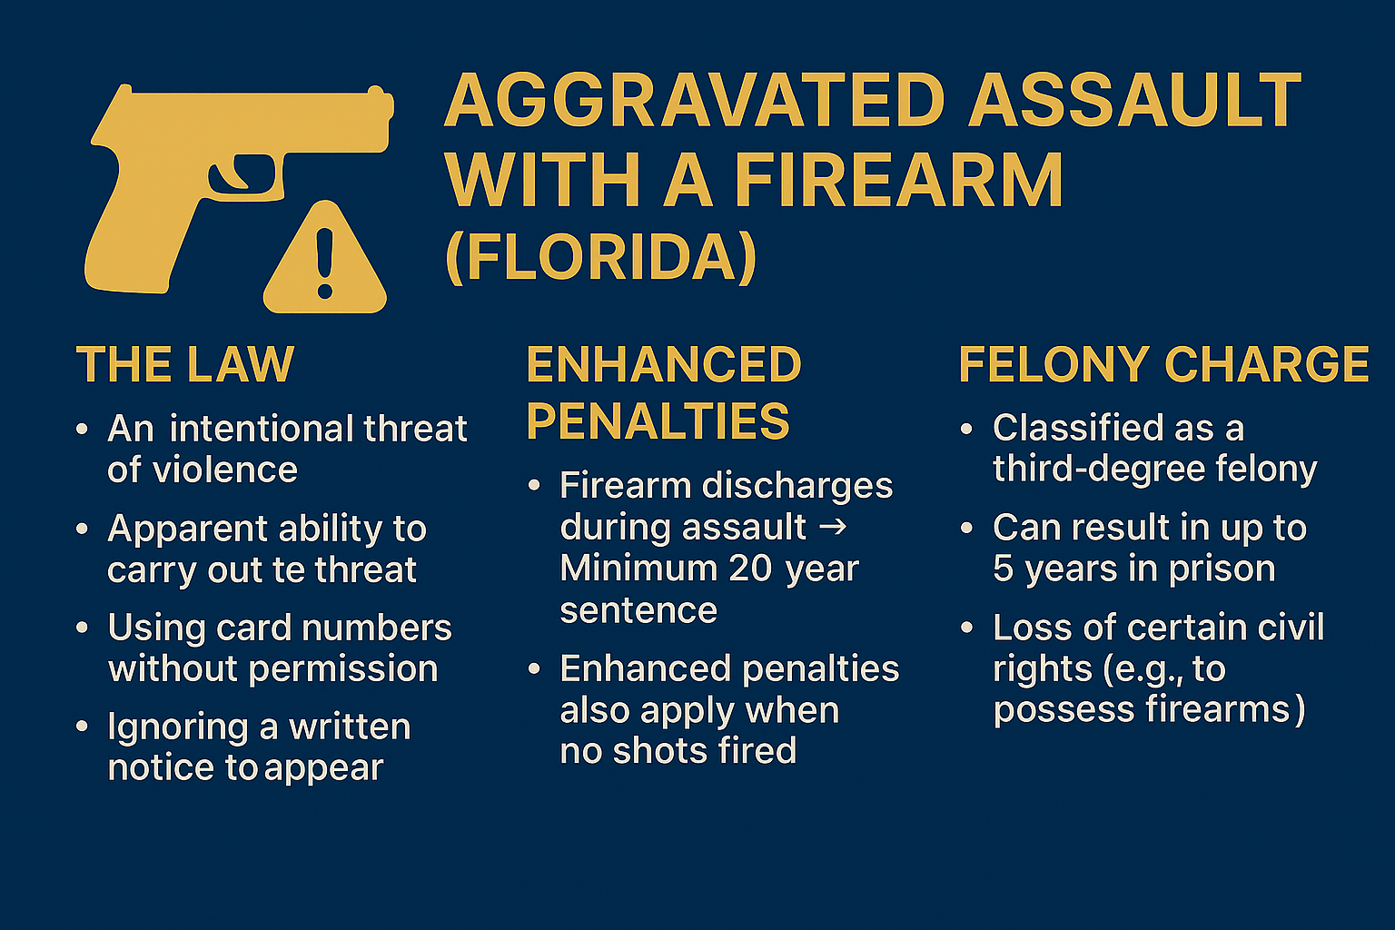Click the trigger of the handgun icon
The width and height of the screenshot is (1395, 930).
(x=239, y=174)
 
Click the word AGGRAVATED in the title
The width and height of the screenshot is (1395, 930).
(x=695, y=102)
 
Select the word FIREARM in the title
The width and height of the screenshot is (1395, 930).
(x=899, y=180)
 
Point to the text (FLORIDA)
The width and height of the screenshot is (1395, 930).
(x=601, y=257)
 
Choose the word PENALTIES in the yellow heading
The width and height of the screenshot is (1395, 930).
(x=658, y=421)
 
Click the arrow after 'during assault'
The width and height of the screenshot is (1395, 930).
(x=833, y=527)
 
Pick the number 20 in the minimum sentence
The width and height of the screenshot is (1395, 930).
(x=750, y=569)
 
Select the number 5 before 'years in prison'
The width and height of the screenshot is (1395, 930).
(x=1003, y=569)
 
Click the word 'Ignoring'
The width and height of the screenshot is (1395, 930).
(x=178, y=728)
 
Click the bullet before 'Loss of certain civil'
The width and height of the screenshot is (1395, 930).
(x=966, y=627)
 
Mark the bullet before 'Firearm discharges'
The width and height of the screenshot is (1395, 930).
(x=534, y=485)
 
